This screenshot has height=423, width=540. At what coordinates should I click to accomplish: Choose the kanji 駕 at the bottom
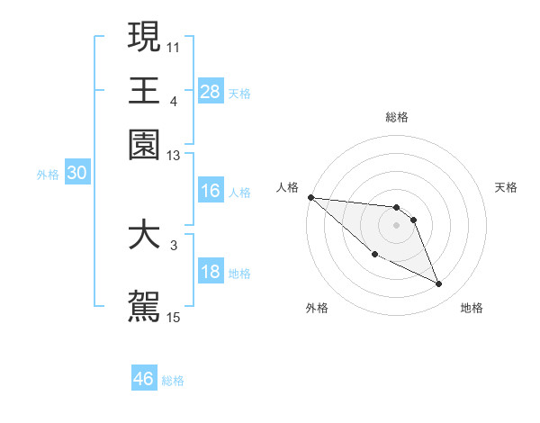[144, 305]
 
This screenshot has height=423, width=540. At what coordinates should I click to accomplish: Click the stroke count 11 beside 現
[173, 45]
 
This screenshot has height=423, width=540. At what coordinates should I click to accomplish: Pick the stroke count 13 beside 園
[173, 157]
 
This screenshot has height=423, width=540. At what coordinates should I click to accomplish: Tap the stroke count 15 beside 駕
[173, 317]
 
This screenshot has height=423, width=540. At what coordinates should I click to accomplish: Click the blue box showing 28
[211, 91]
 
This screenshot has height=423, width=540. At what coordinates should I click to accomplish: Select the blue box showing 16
[211, 191]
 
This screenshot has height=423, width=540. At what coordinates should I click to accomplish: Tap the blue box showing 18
[211, 273]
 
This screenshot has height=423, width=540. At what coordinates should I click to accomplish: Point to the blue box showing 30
[76, 175]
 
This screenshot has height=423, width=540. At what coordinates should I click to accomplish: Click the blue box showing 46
[144, 379]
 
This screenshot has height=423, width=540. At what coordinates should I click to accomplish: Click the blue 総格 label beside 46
[173, 381]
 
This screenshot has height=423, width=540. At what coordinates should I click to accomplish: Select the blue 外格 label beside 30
[48, 175]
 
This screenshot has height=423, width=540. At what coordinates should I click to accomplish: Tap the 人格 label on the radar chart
[288, 187]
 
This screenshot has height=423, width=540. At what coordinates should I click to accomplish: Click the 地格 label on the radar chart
[472, 308]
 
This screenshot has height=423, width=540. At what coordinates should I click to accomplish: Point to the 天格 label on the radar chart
[506, 187]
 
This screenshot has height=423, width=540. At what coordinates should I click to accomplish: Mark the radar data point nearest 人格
[310, 197]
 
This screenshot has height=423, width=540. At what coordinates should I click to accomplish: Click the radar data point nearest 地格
[439, 284]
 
